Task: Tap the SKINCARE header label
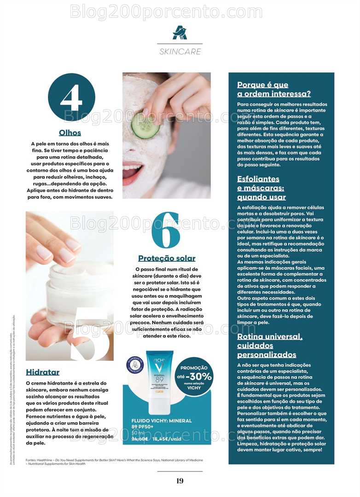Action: tap(180, 52)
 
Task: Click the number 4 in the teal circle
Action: tap(71, 98)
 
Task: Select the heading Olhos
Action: tap(70, 133)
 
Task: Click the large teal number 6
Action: tap(166, 231)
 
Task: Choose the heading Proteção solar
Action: tap(167, 258)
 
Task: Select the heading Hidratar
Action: tap(43, 372)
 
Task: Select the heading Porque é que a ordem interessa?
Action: tap(273, 89)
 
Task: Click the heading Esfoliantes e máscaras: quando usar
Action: tap(261, 188)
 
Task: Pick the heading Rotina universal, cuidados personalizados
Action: tap(270, 346)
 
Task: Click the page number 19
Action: tap(180, 481)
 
